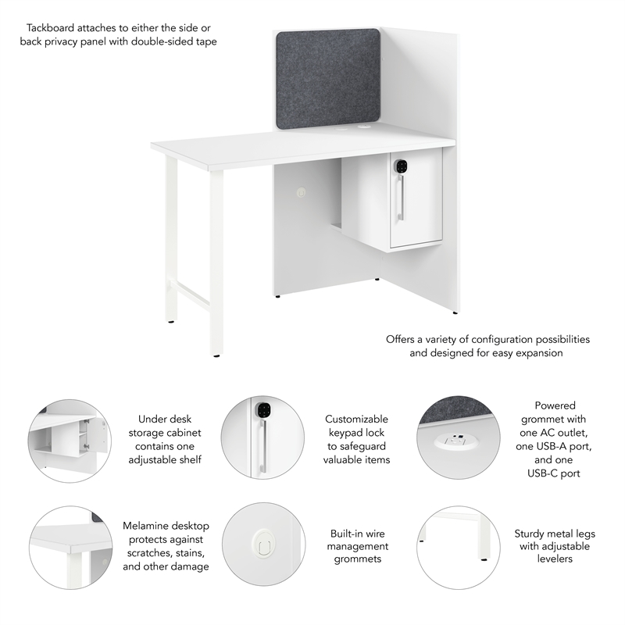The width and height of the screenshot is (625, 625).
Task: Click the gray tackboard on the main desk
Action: click(x=328, y=78)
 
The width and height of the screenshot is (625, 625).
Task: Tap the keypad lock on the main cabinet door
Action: click(x=401, y=166)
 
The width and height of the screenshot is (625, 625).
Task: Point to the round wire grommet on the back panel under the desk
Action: click(x=301, y=190)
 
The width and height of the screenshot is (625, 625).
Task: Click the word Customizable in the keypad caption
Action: click(x=356, y=419)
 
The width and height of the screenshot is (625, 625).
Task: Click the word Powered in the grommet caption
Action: click(x=555, y=405)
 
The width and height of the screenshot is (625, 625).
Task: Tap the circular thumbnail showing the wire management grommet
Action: click(x=262, y=544)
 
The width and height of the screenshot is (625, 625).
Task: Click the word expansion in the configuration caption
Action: click(x=537, y=353)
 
